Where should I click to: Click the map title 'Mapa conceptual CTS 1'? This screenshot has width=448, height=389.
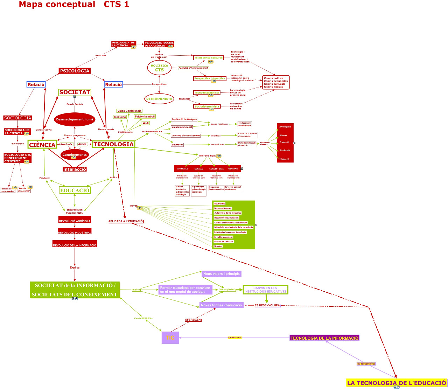pos(74,5)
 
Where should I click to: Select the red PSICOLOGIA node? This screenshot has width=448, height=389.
pos(75,71)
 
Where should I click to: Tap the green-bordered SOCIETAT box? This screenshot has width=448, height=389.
pos(75,92)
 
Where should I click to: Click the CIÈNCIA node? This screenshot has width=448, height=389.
pos(42,145)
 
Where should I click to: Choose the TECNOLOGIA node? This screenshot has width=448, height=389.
pos(113,144)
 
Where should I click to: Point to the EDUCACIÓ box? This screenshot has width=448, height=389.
pos(75,190)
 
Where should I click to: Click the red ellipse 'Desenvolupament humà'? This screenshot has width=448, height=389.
pos(75,119)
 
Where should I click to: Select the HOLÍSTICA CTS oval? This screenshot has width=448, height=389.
pos(159,68)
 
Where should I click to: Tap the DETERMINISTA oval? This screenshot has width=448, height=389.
pos(159,99)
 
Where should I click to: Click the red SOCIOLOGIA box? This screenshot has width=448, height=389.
pos(17,118)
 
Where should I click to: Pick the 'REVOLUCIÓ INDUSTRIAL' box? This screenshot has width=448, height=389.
pos(75,232)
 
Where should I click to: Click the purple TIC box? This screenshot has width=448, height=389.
pos(170,338)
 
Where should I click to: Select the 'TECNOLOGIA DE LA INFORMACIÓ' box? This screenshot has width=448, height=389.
pos(324,338)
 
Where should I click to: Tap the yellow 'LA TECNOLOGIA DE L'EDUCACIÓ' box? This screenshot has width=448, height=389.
pos(397,383)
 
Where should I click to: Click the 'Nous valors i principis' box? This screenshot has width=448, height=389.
pos(222,274)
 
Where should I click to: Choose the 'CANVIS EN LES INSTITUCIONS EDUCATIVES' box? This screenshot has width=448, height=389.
pos(265,290)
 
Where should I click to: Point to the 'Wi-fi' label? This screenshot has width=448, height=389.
pos(146,123)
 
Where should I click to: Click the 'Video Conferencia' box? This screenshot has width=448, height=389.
pos(129,111)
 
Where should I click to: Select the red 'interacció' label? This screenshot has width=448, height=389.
pos(75,169)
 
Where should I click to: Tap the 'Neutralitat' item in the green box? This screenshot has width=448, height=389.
pos(219,203)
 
